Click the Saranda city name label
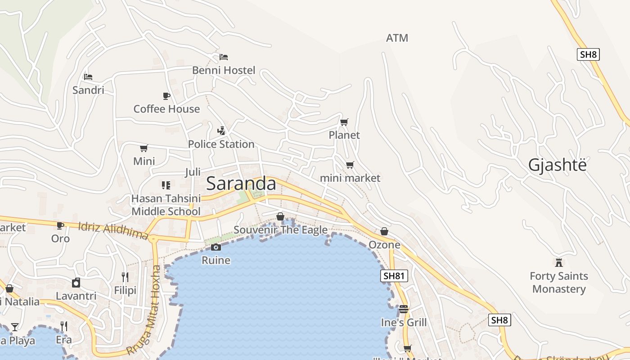coord(241,184)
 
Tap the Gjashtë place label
coord(558,166)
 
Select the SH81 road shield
coord(394,276)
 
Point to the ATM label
coord(397,38)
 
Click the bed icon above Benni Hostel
coord(224,57)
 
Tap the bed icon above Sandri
coord(88,77)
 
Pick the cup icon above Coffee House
coord(166,96)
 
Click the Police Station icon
coord(221,131)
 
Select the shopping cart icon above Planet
coord(344,122)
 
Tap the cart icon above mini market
coord(350,165)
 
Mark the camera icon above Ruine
coord(216,247)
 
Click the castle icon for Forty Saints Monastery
coord(559,262)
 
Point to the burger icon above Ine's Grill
coord(404,309)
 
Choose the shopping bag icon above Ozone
coord(384,231)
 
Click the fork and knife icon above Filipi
coord(125,277)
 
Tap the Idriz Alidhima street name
coord(113,230)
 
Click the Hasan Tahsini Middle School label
coord(166,205)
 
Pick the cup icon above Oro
coord(60,225)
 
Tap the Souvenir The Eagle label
coord(280,230)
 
